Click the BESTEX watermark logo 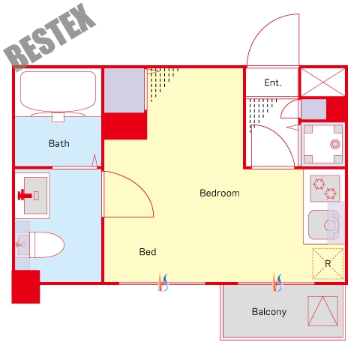49,37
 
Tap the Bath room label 59,144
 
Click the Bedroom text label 220,193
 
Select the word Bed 148,252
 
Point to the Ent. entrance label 273,82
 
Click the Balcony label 269,312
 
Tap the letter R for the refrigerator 328,264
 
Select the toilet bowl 47,244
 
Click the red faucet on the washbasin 25,195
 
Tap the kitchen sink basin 324,225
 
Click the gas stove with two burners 325,188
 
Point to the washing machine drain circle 335,144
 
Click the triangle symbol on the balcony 322,311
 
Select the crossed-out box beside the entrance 322,82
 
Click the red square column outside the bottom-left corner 25,286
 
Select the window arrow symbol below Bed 163,283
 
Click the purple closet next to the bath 124,91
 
